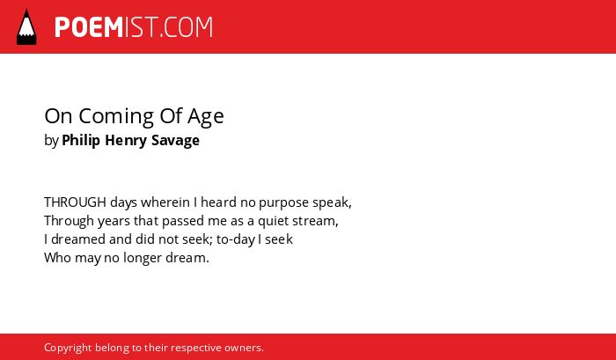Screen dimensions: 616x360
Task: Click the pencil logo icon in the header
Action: tap(26, 27)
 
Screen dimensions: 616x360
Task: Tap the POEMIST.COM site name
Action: tap(134, 27)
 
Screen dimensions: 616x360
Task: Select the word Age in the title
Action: tap(205, 117)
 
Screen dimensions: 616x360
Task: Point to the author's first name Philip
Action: tap(81, 140)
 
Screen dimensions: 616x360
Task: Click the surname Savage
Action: tap(175, 141)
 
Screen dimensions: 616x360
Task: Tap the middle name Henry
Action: tap(126, 140)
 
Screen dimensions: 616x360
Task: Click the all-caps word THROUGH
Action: tap(75, 202)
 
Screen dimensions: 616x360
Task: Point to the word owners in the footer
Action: tap(242, 349)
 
